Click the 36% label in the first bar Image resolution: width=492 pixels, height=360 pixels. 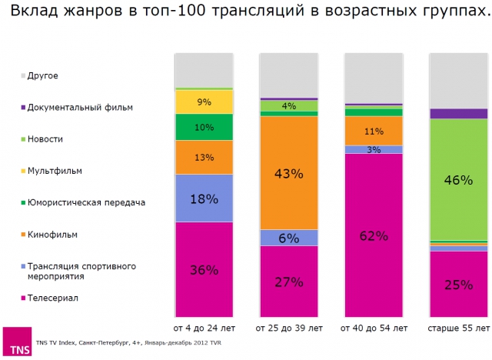[204, 270]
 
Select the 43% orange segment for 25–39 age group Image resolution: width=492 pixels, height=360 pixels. [288, 173]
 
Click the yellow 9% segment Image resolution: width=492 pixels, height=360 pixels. [204, 102]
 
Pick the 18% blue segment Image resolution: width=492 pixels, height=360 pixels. [204, 198]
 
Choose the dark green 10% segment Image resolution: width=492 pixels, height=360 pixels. [204, 127]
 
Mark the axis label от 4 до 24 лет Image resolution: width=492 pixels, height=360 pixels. [204, 328]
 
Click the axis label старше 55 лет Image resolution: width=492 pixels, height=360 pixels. [459, 328]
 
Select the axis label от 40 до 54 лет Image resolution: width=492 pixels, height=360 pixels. [374, 328]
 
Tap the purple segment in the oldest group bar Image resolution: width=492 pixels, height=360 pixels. [459, 114]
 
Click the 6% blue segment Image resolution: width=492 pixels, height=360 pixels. [288, 238]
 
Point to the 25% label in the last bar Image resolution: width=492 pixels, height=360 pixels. [459, 285]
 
